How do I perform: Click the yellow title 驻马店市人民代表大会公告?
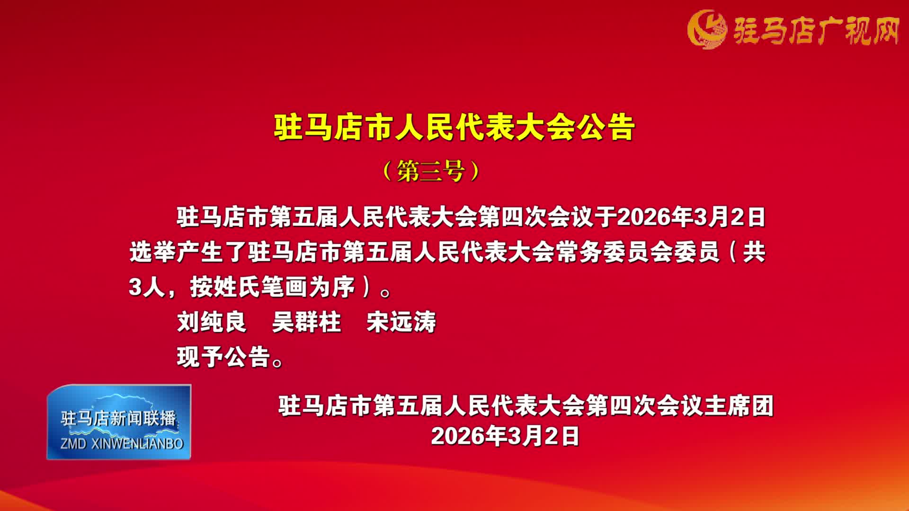tap(454, 127)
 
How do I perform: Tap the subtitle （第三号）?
tap(431, 171)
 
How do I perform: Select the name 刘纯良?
tap(212, 322)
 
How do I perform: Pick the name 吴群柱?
tap(306, 322)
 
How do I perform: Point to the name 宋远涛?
tap(401, 322)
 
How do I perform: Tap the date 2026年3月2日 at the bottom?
tap(505, 435)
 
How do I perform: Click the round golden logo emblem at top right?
tap(706, 29)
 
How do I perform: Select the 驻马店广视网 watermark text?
tap(816, 31)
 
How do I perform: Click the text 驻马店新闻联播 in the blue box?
tap(118, 418)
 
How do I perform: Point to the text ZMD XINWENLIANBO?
tap(122, 444)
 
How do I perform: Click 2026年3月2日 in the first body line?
tap(691, 217)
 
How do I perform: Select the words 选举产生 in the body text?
tap(176, 252)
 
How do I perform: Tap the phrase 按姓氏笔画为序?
tap(272, 287)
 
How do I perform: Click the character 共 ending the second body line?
tap(754, 252)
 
